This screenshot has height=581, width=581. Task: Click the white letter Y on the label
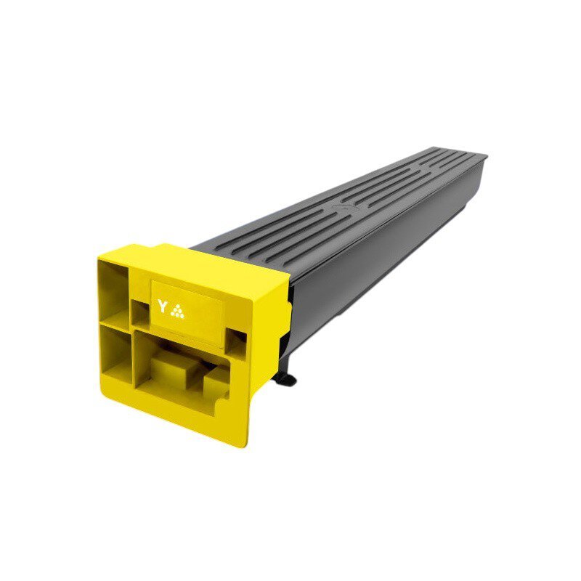tap(162, 306)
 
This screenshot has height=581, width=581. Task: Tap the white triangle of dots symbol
tap(177, 312)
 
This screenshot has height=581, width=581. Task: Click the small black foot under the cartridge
tap(285, 378)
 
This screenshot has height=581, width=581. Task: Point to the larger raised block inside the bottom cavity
tap(175, 370)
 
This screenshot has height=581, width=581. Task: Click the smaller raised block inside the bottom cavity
tap(216, 383)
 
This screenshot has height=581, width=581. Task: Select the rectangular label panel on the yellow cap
tap(187, 312)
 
